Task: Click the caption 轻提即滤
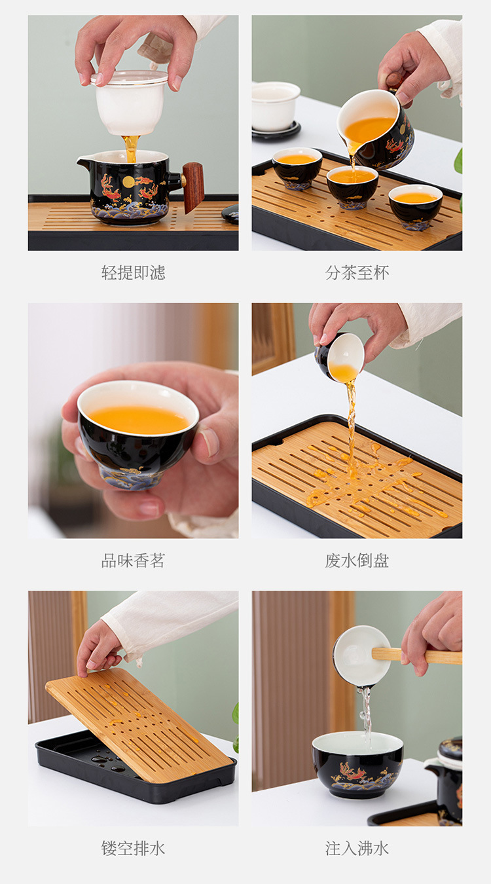pyautogui.click(x=133, y=272)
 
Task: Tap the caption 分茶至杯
pyautogui.click(x=357, y=272)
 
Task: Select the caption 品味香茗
pyautogui.click(x=133, y=561)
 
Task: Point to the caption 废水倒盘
pyautogui.click(x=357, y=561)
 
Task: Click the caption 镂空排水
pyautogui.click(x=133, y=849)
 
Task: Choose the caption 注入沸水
pyautogui.click(x=357, y=849)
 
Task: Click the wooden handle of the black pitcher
pyautogui.click(x=193, y=187)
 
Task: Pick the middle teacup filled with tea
pyautogui.click(x=352, y=185)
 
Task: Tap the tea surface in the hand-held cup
pyautogui.click(x=139, y=420)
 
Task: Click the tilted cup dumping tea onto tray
pyautogui.click(x=340, y=358)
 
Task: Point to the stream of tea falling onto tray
pyautogui.click(x=352, y=426)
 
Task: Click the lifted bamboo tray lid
pyautogui.click(x=137, y=724)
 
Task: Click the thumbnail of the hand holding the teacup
pyautogui.click(x=133, y=420)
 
